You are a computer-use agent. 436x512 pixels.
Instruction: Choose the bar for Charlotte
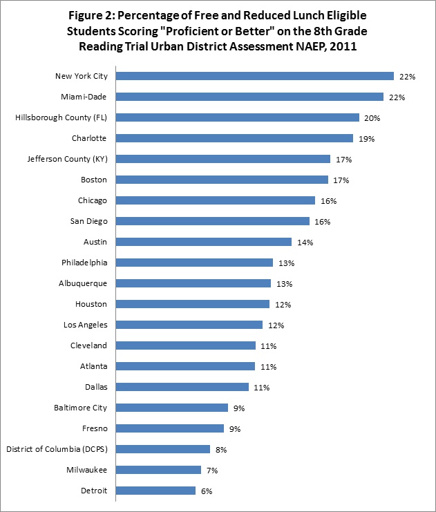tap(235, 138)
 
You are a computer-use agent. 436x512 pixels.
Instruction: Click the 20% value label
tap(373, 118)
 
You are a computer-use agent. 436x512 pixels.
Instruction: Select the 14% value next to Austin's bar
tap(305, 243)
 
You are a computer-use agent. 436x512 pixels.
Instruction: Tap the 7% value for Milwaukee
tap(211, 471)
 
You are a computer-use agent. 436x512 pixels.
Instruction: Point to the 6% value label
tap(206, 491)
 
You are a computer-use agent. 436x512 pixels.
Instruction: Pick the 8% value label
tap(220, 450)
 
